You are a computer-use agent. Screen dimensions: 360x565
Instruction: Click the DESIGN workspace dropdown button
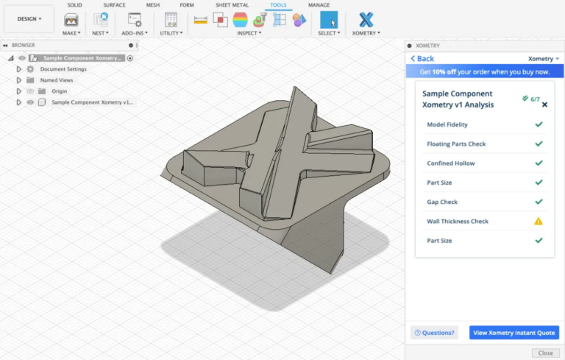29,19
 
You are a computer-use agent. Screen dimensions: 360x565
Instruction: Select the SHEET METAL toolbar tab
232,5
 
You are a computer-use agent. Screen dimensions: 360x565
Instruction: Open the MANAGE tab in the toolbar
319,5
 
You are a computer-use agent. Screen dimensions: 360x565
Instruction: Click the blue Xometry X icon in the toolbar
366,20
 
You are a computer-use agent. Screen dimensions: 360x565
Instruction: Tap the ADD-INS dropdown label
135,33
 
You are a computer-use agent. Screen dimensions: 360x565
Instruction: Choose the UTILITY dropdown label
171,33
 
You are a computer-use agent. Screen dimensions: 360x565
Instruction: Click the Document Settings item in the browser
63,69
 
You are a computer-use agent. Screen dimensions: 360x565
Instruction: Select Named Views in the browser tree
57,80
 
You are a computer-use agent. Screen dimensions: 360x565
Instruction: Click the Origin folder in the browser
59,91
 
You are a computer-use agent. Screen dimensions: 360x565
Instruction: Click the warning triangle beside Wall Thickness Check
539,221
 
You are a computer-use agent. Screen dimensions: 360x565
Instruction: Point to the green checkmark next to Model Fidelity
539,124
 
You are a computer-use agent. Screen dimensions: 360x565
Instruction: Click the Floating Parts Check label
456,144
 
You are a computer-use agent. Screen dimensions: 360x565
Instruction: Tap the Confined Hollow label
451,163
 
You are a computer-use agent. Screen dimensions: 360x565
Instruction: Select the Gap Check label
442,202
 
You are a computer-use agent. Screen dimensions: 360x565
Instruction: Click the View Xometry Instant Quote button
514,333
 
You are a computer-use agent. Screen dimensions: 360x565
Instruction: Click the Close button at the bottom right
545,353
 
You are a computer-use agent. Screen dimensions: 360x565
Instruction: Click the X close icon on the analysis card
544,105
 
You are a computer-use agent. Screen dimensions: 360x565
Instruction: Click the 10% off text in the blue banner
444,72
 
